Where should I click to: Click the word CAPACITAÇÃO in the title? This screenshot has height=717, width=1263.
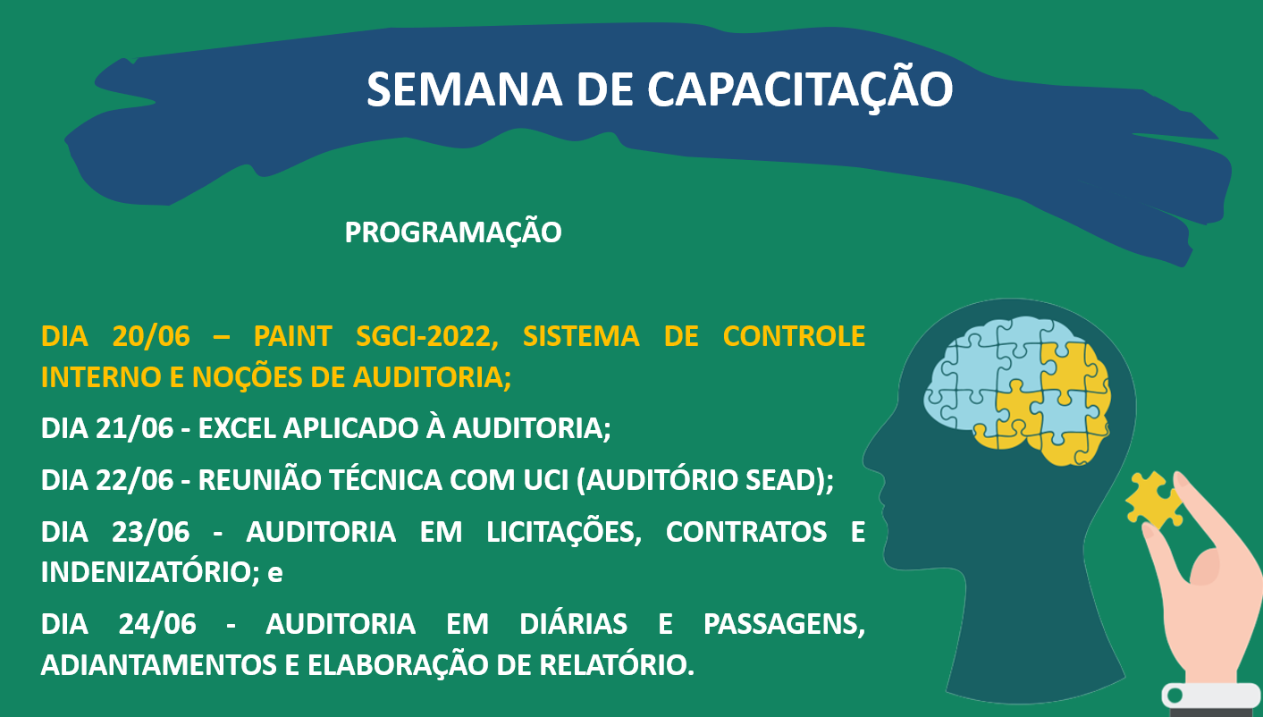tap(799, 89)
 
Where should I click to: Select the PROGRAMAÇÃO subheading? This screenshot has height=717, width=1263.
tap(453, 232)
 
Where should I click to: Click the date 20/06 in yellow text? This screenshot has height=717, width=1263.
tap(151, 336)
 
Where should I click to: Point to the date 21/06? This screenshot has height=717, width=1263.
tap(134, 428)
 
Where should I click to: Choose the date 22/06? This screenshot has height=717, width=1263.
tap(134, 480)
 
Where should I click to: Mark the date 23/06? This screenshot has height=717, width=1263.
tap(150, 532)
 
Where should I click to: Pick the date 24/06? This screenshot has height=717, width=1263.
tap(157, 624)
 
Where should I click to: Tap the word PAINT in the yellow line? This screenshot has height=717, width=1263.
tap(292, 336)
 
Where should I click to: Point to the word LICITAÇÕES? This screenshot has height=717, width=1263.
tap(564, 531)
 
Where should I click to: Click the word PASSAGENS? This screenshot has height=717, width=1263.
tap(784, 625)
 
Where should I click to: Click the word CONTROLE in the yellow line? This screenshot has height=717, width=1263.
tap(794, 336)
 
